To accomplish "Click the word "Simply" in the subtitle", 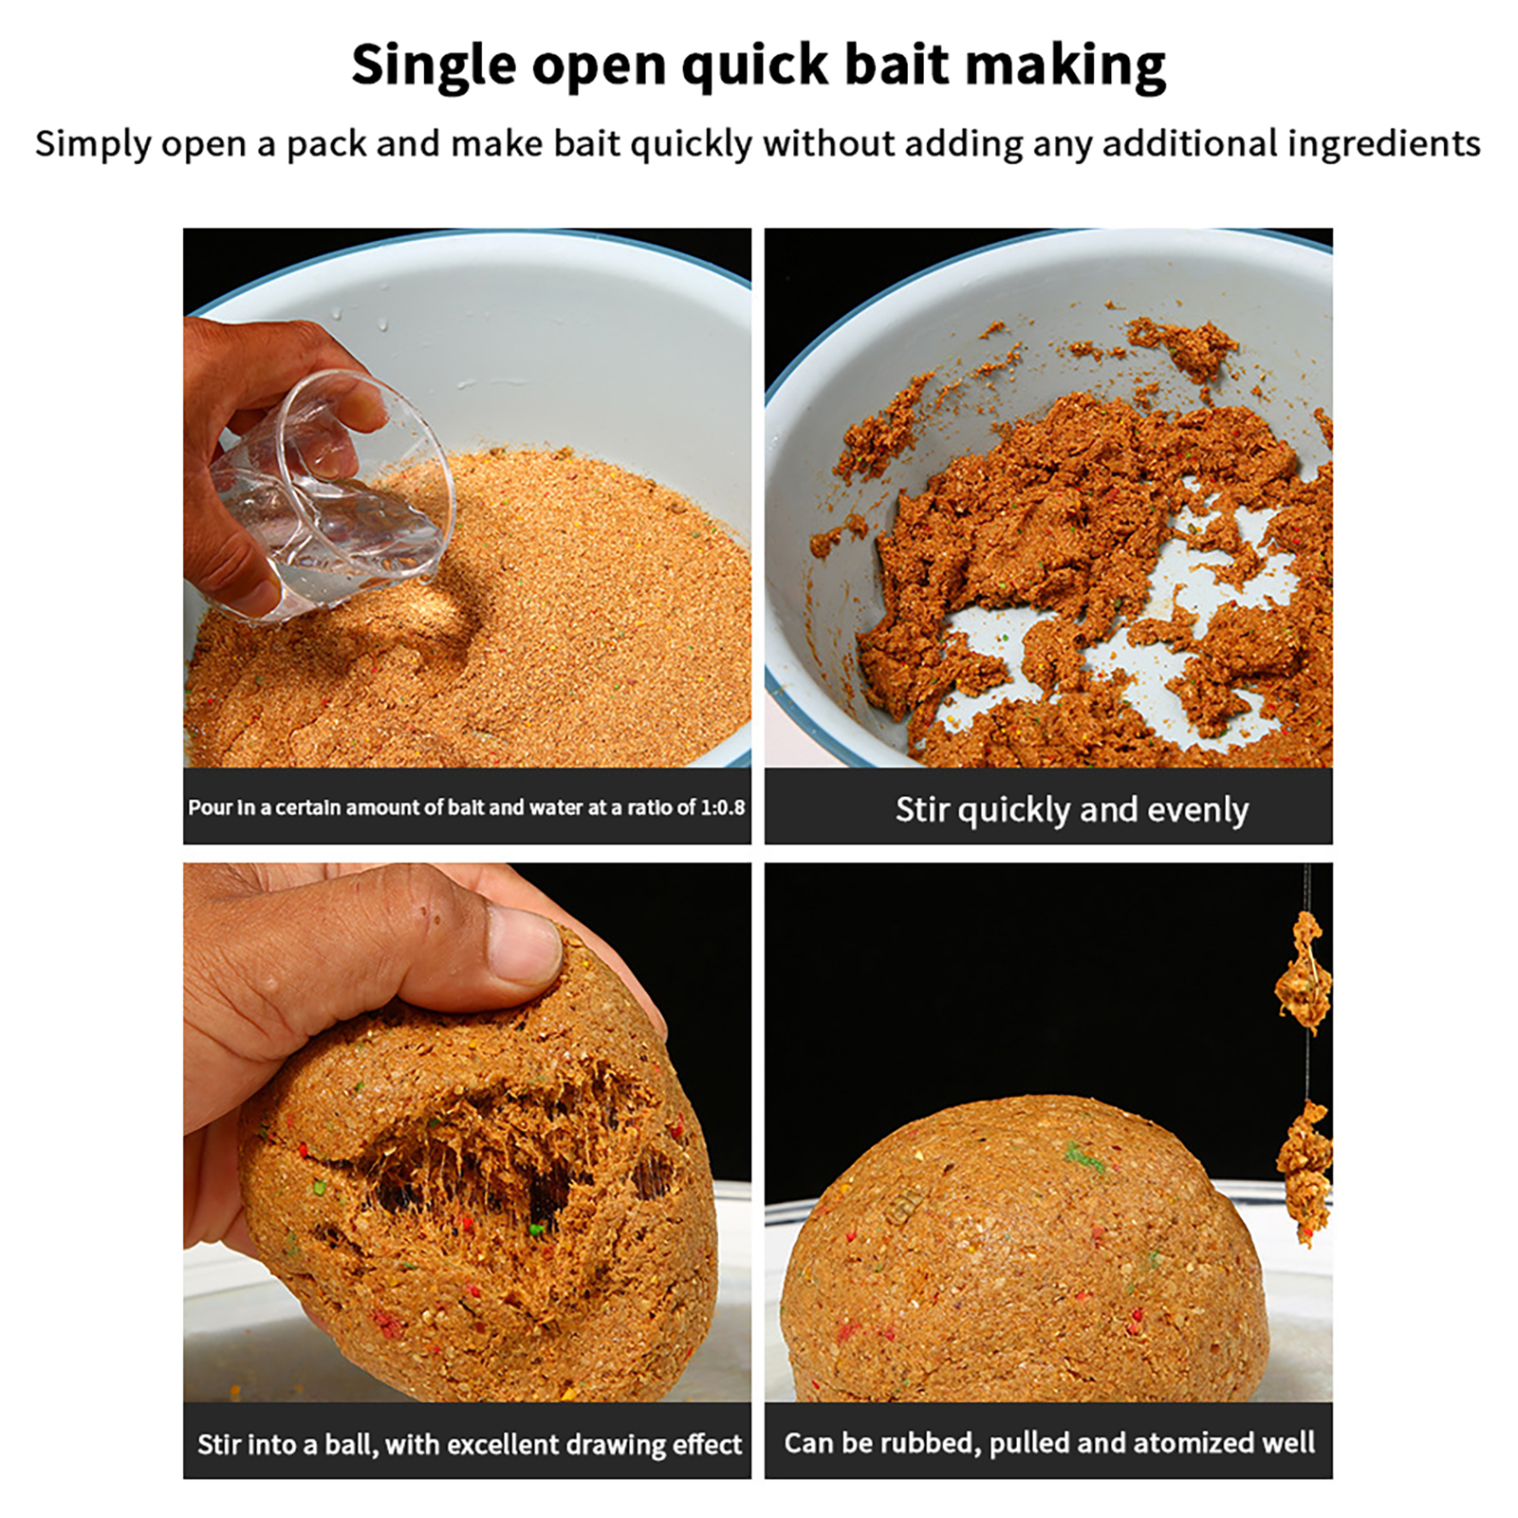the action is click(x=93, y=144).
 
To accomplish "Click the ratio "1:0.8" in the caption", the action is click(x=722, y=807).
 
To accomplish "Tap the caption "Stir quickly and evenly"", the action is click(x=1072, y=809).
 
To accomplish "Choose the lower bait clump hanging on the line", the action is click(x=1305, y=1172).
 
